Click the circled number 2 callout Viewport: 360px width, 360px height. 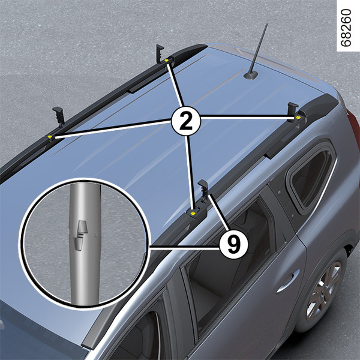point(186,121)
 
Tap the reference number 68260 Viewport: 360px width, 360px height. point(346,28)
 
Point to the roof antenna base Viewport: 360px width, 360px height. point(250,75)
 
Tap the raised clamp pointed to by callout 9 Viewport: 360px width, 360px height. point(203,188)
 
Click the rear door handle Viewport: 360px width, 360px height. point(288,281)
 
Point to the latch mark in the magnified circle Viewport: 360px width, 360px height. point(81,235)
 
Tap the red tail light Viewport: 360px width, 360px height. point(354,128)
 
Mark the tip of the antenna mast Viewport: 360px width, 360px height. point(267,23)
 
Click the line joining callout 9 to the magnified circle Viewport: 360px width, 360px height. point(184,247)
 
